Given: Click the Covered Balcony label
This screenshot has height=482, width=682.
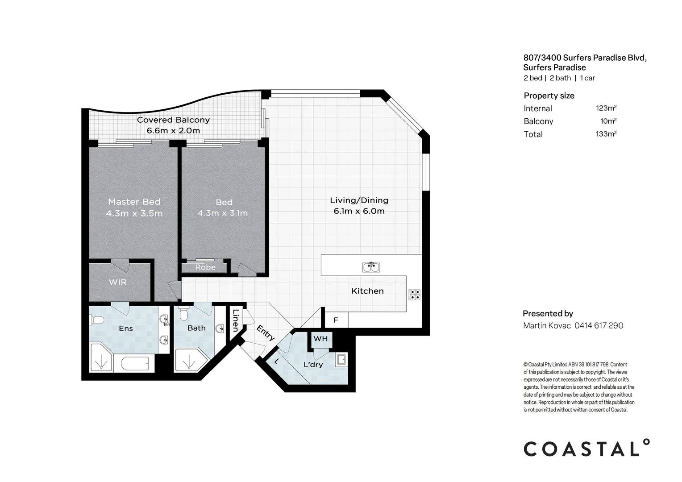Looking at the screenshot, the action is [173, 120].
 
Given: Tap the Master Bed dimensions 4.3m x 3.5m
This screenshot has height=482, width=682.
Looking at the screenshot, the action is [134, 213].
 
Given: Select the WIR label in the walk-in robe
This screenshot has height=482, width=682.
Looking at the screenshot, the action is [118, 282].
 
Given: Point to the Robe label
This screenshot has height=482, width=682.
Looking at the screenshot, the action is [205, 267].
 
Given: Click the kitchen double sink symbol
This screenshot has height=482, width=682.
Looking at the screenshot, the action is [371, 267].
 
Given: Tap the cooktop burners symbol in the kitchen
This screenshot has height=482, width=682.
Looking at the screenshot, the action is [414, 295].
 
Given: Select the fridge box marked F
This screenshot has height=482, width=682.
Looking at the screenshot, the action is [336, 320].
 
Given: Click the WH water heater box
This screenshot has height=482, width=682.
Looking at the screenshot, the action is [320, 339].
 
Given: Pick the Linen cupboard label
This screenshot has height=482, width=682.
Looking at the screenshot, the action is [236, 320].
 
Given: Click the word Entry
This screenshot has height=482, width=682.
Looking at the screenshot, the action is [266, 333].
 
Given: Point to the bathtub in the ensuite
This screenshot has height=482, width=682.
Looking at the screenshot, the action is [135, 363].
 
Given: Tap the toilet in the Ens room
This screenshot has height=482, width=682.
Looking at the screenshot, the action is [97, 320].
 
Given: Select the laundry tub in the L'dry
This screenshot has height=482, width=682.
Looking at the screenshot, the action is [341, 360].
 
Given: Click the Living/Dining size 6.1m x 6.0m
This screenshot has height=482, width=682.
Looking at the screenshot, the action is [359, 211].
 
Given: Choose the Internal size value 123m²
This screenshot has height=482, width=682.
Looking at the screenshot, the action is [606, 108].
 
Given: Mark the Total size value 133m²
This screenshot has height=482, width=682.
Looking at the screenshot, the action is [606, 134].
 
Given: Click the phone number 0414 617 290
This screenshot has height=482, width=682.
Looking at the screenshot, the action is [599, 325].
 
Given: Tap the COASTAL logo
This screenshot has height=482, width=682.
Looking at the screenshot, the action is [586, 448].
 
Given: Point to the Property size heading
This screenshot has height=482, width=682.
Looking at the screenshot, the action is [549, 96].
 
